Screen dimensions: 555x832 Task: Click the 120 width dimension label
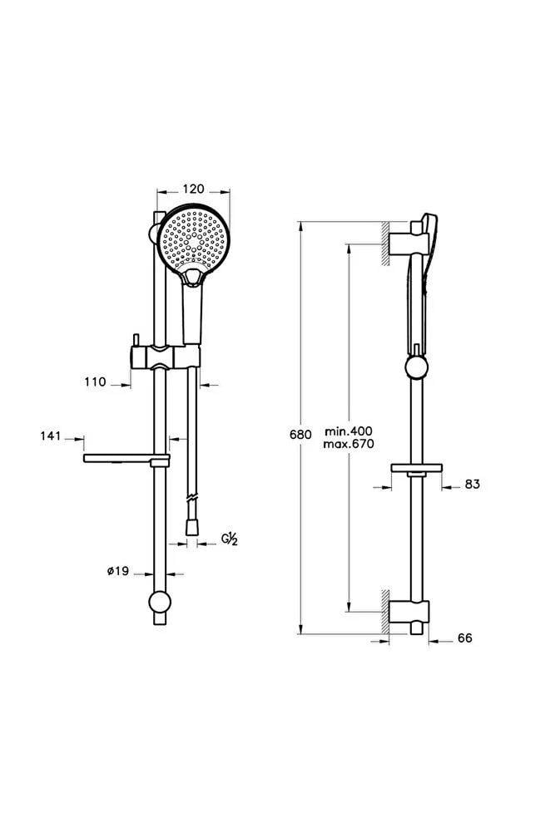click(193, 189)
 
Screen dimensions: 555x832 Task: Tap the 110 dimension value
click(95, 382)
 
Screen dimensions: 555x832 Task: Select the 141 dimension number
click(51, 436)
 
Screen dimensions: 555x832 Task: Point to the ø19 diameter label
click(118, 571)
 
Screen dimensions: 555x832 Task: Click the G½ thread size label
click(230, 539)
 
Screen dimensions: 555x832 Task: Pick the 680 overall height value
click(300, 435)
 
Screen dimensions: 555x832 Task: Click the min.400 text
click(349, 431)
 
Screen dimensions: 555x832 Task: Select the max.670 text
click(349, 444)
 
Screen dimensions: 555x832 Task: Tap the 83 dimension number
click(472, 484)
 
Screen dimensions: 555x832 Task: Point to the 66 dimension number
click(464, 638)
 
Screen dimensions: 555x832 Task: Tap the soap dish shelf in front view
click(126, 459)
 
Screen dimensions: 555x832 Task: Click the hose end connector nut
click(191, 527)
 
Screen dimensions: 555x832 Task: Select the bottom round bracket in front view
click(159, 602)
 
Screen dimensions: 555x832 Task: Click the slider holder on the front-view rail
click(166, 356)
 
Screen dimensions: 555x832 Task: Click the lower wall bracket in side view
click(409, 613)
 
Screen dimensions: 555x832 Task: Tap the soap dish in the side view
click(416, 468)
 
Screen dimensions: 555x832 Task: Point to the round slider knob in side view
click(416, 367)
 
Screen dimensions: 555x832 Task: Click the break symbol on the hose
click(192, 499)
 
